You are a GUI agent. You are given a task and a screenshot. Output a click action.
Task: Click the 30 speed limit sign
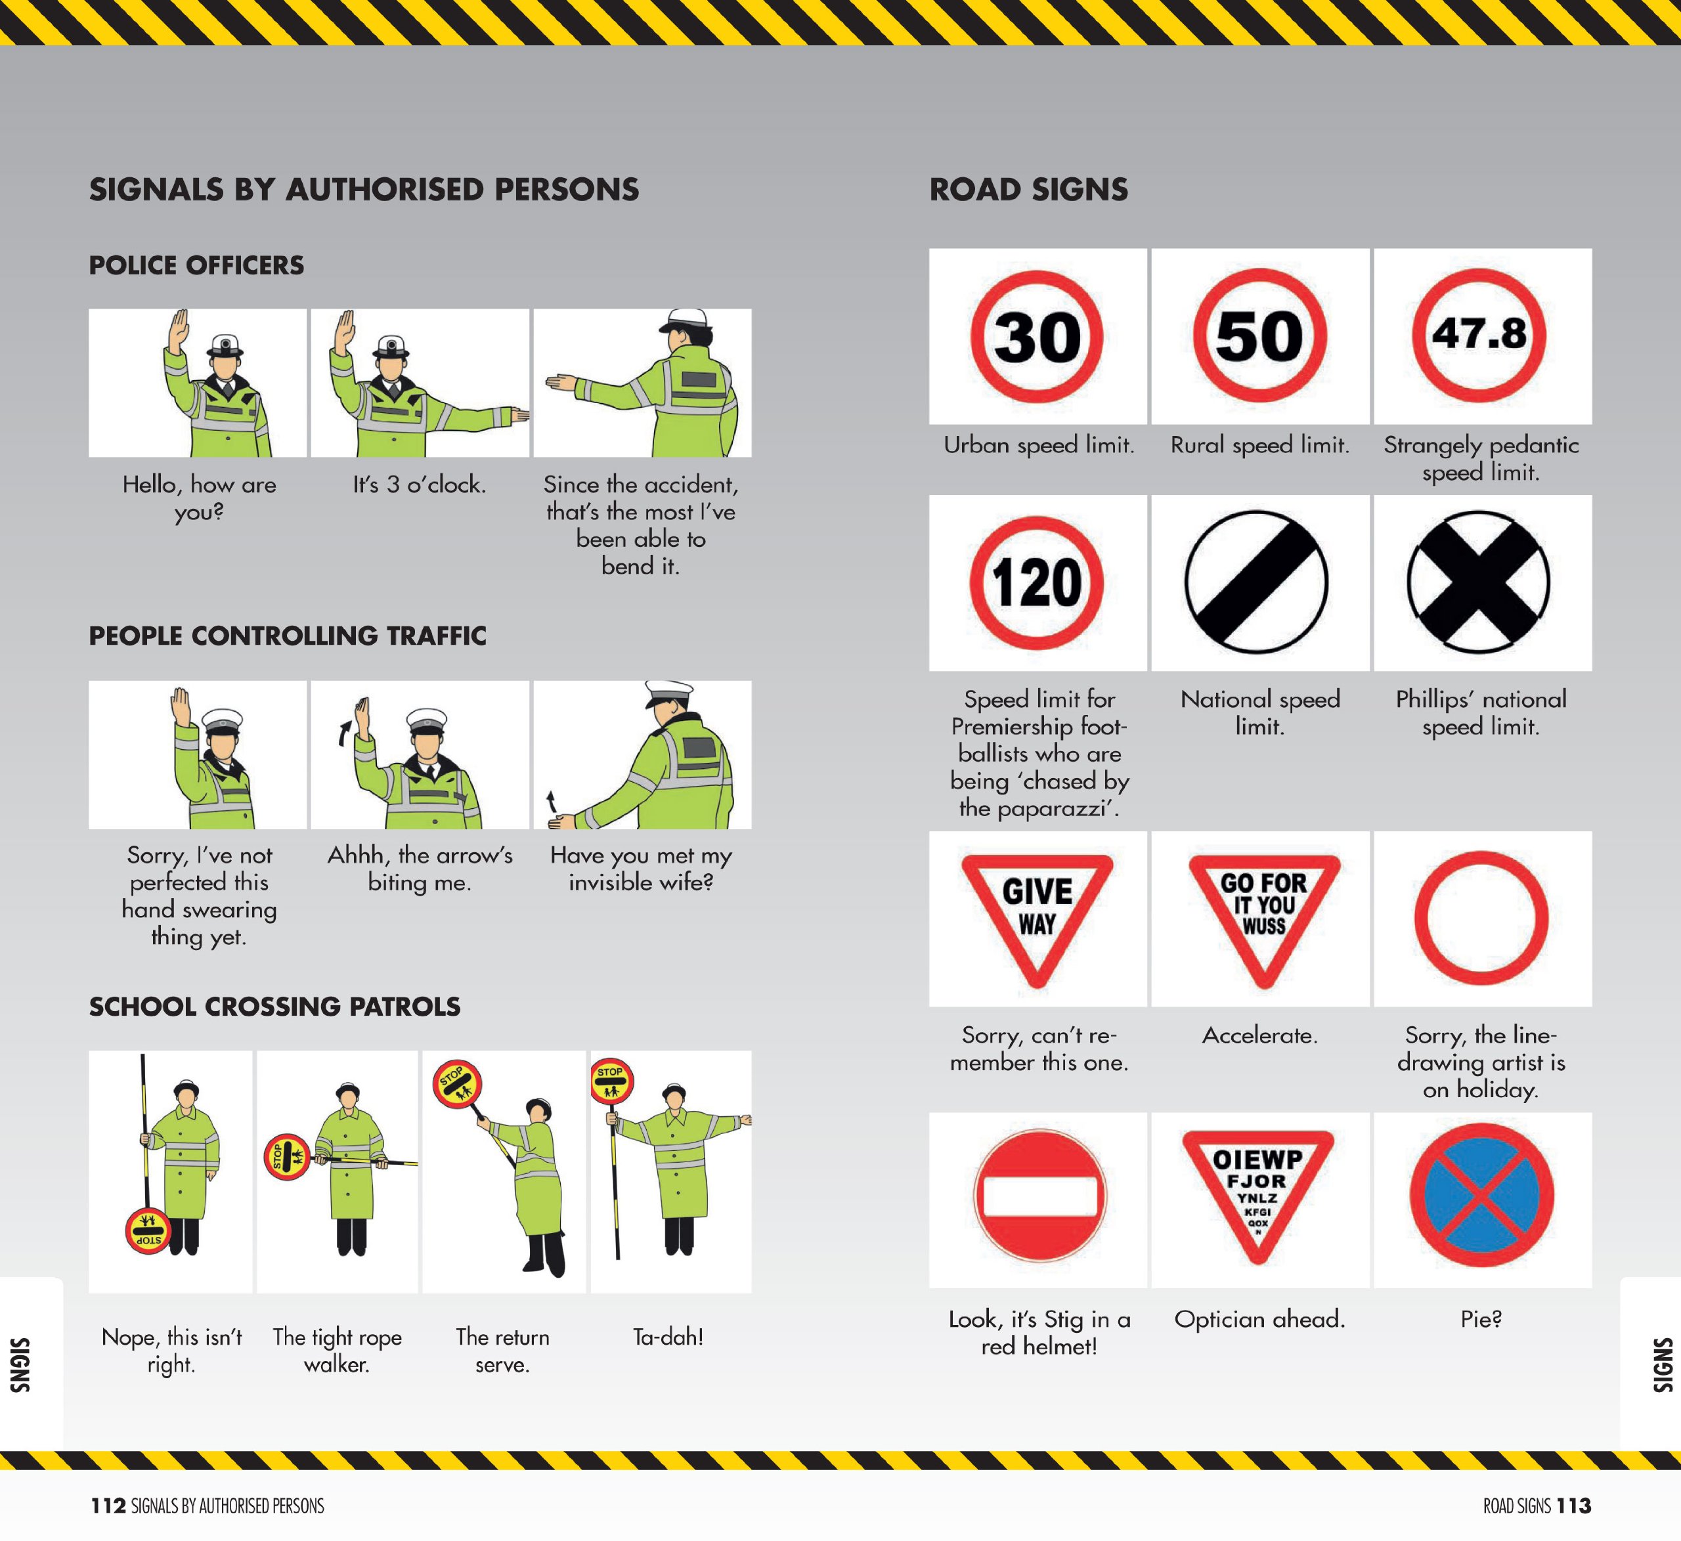coord(1036,336)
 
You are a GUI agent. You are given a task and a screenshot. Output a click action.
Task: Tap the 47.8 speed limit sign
coord(1479,334)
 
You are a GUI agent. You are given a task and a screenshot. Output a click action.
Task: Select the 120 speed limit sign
coord(1036,582)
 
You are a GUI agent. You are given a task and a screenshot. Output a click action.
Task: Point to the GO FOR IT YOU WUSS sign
coord(1263,911)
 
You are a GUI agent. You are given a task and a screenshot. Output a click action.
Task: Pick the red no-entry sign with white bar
coord(1039,1196)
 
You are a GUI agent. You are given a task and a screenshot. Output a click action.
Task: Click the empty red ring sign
coord(1481,917)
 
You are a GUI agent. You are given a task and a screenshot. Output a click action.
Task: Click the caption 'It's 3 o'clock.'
coord(420,485)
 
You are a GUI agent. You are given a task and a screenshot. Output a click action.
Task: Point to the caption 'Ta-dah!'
coord(668,1337)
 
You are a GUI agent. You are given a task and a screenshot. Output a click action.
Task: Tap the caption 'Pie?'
coord(1481,1318)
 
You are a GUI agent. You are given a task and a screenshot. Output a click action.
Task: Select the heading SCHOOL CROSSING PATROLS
coord(274,1007)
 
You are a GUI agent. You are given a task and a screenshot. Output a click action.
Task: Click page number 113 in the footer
coord(1573,1505)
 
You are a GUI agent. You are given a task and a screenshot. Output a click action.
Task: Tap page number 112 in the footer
coord(108,1505)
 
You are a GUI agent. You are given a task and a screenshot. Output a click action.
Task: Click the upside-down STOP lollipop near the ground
coord(148,1230)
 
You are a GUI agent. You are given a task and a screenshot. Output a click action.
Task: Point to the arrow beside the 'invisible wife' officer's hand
coord(550,802)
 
